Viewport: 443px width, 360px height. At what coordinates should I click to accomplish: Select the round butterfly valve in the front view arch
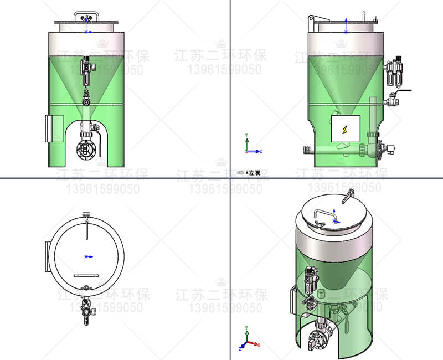click(x=87, y=149)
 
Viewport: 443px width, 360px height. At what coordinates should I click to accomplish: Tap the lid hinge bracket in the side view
click(x=312, y=19)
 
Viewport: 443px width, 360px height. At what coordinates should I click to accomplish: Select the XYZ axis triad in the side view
click(x=250, y=145)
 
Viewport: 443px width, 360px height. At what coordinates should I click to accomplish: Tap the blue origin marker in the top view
click(x=86, y=256)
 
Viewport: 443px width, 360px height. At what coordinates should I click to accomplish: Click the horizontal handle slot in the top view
click(x=86, y=275)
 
